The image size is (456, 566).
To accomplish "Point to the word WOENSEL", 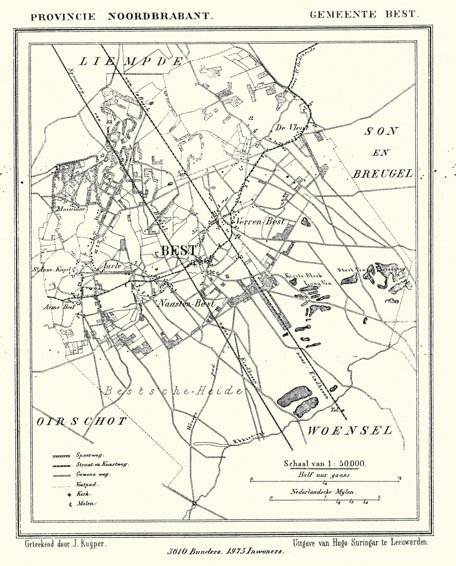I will [350, 431].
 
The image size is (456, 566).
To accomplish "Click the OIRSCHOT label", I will [82, 421].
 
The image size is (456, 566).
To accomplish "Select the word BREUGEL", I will [383, 174].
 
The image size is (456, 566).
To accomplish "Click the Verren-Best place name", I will [260, 221].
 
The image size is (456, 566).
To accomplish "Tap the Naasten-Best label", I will [186, 304].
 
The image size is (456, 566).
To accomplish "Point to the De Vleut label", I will [291, 128].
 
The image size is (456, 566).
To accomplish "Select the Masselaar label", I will [72, 209].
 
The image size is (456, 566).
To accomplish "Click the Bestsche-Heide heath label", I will [173, 391].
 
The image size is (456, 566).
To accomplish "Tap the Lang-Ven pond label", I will [317, 283].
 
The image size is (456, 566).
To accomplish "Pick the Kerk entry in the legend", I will [82, 494].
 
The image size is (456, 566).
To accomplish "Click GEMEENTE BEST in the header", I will [364, 15].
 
